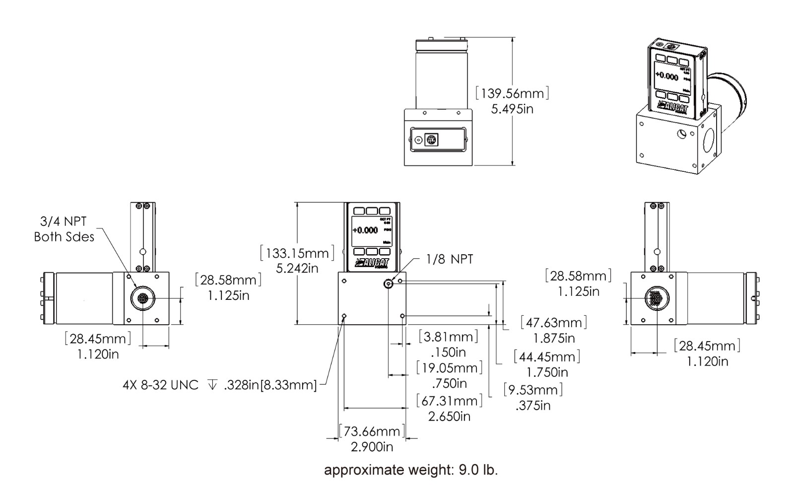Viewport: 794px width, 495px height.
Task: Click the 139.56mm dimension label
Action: point(512,93)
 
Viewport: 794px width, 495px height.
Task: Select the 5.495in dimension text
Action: point(512,109)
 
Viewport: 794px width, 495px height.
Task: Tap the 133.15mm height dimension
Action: point(297,253)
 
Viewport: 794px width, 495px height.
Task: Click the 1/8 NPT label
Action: point(450,259)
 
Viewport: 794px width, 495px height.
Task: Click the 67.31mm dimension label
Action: point(449,401)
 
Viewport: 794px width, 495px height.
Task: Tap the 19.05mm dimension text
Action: point(449,368)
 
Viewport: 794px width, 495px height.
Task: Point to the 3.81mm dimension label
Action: point(449,337)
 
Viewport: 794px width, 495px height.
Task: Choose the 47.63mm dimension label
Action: point(554,323)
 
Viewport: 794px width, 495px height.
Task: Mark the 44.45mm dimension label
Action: point(547,356)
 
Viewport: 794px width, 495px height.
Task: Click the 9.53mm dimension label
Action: point(533,390)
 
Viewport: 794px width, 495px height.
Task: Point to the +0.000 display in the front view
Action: point(365,230)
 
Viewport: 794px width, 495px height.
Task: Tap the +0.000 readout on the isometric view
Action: point(666,76)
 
